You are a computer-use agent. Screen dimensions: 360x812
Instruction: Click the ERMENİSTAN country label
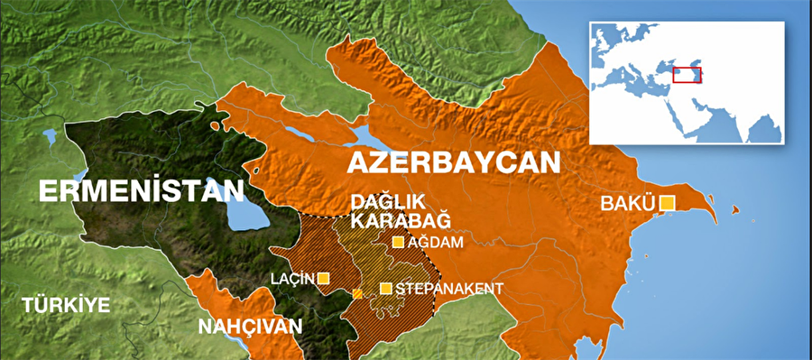coord(141,191)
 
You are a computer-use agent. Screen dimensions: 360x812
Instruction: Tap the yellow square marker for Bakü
coord(668,203)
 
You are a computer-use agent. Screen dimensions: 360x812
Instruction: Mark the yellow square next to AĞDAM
coord(398,242)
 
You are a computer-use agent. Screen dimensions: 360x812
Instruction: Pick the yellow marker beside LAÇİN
coord(323,278)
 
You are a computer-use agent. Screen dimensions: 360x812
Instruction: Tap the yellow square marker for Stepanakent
coord(386,289)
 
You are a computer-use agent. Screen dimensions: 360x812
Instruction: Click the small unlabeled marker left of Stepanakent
coord(357,294)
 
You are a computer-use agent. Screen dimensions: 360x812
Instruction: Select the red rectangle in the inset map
coord(689,75)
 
